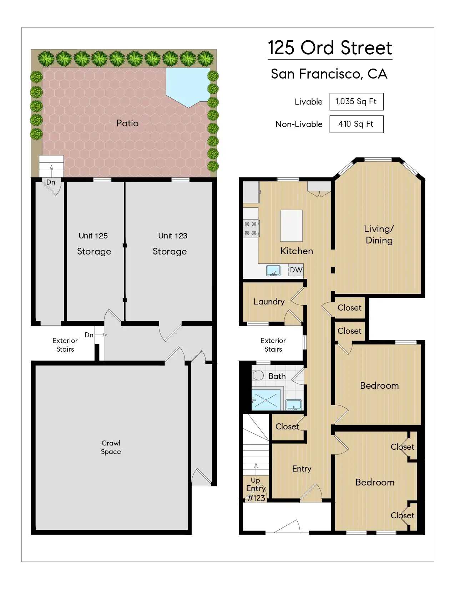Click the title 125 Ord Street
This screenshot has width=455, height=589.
pyautogui.click(x=330, y=48)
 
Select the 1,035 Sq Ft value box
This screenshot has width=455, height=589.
pyautogui.click(x=357, y=102)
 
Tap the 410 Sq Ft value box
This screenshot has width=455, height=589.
pyautogui.click(x=357, y=124)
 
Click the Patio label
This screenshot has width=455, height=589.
pyautogui.click(x=127, y=123)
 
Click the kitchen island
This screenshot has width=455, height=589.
pyautogui.click(x=291, y=226)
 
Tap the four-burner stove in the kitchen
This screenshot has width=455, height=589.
pyautogui.click(x=251, y=228)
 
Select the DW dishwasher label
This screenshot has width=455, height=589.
pyautogui.click(x=296, y=270)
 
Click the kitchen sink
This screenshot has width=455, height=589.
pyautogui.click(x=273, y=271)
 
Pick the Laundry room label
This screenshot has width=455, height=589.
pyautogui.click(x=269, y=302)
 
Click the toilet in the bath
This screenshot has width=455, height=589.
pyautogui.click(x=258, y=376)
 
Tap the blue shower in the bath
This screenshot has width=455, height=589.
pyautogui.click(x=266, y=400)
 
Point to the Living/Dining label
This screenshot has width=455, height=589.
pyautogui.click(x=379, y=235)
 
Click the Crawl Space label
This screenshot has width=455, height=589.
pyautogui.click(x=111, y=447)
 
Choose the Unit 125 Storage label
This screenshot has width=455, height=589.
pyautogui.click(x=94, y=243)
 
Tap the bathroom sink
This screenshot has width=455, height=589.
pyautogui.click(x=294, y=404)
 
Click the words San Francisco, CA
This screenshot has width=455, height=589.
pyautogui.click(x=329, y=74)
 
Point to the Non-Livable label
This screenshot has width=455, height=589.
pyautogui.click(x=299, y=124)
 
